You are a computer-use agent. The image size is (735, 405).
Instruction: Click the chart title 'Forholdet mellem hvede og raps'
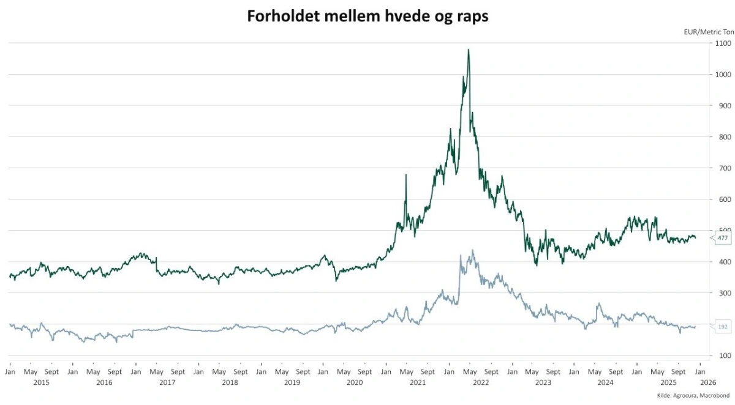click(x=367, y=16)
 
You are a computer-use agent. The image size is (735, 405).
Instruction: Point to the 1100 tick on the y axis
click(x=722, y=43)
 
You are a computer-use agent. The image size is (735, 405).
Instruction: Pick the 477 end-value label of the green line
click(x=722, y=238)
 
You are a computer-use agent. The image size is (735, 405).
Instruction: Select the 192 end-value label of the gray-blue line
click(x=722, y=327)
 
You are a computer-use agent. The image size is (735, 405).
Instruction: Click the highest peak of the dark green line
click(x=469, y=50)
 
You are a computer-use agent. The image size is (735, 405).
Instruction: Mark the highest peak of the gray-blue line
click(x=472, y=250)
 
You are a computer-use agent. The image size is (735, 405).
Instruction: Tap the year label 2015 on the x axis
click(x=41, y=382)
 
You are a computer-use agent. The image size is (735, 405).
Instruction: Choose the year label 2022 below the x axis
click(x=480, y=382)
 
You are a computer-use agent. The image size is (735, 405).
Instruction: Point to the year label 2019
click(x=292, y=382)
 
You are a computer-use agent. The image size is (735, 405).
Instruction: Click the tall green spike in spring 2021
click(x=405, y=175)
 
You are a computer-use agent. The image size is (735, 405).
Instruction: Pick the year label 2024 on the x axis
click(x=605, y=382)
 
